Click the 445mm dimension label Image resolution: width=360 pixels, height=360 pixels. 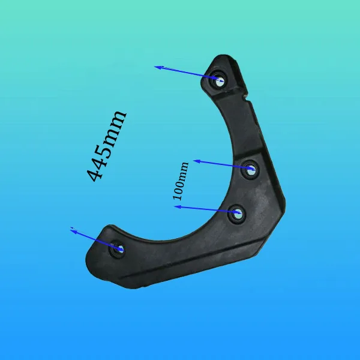[107, 146]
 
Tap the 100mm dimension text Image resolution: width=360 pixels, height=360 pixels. [181, 181]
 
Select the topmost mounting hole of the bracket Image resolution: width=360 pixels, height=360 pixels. [220, 80]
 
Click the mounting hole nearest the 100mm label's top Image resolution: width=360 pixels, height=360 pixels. [251, 170]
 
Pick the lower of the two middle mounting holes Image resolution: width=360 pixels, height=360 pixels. [237, 214]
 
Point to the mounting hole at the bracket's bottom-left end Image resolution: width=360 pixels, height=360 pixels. [118, 249]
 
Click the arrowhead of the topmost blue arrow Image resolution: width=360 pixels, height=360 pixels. [159, 67]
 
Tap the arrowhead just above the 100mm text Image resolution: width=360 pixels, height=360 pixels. [197, 161]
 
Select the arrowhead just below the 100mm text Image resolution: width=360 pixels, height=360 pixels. [178, 207]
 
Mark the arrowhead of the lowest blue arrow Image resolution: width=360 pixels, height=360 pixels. [74, 231]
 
